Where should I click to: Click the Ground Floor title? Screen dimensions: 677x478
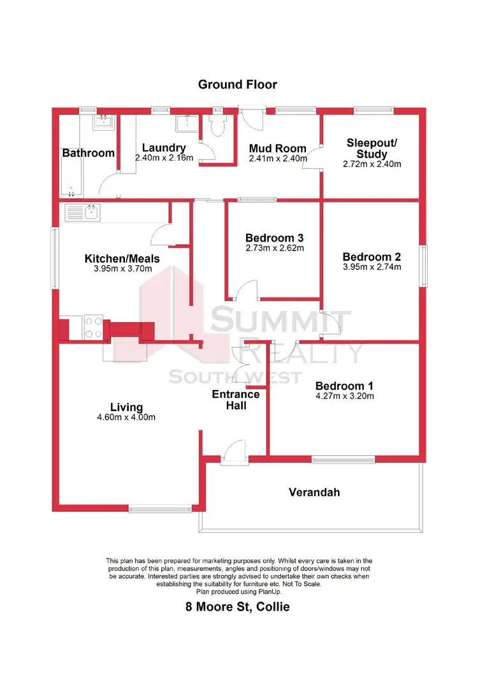(x=238, y=84)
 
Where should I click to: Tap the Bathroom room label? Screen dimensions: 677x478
(x=89, y=153)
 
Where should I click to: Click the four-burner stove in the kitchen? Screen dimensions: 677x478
(x=93, y=328)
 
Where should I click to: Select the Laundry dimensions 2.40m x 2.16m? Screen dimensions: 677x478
(x=164, y=157)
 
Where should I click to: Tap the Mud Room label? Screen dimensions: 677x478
(x=277, y=149)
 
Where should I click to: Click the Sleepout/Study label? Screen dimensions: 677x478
(x=372, y=148)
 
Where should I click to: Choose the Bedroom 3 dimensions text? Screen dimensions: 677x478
(x=275, y=248)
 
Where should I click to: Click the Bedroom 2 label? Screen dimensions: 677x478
(x=372, y=257)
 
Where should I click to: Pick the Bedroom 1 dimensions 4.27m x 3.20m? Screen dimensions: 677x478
(x=344, y=395)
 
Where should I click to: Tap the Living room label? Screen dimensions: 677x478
(x=126, y=407)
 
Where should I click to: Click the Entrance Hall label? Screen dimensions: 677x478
(x=236, y=399)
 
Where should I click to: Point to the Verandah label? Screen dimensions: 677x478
(x=314, y=492)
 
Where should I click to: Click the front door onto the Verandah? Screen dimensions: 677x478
(x=234, y=450)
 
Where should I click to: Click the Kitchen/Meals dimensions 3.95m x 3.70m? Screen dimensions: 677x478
(x=122, y=268)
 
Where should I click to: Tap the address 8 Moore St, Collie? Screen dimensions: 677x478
(x=238, y=606)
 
